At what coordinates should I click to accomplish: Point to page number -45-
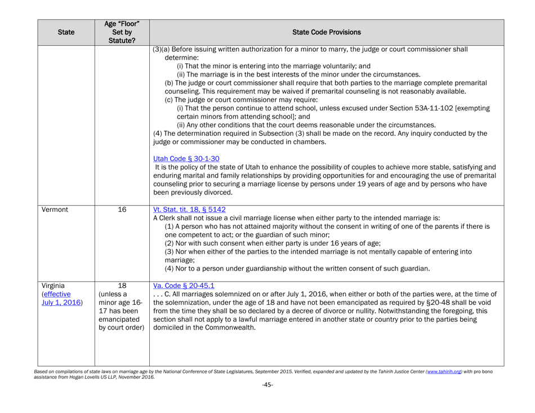point(268,401)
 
